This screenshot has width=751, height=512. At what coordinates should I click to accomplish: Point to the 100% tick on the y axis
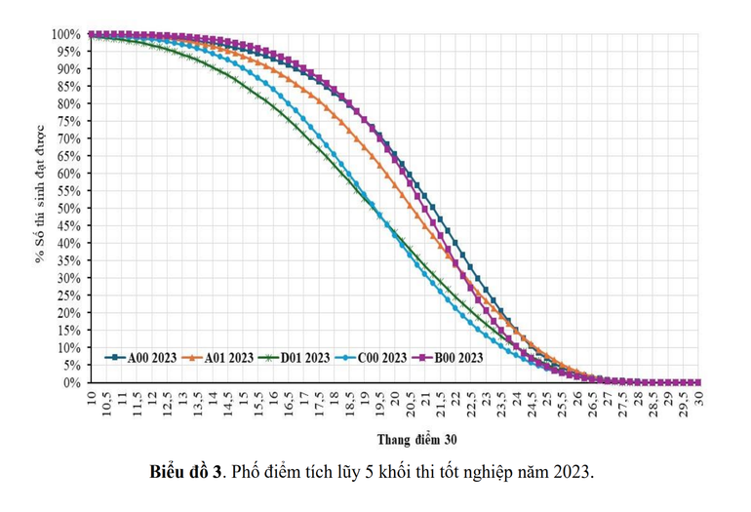pyautogui.click(x=67, y=34)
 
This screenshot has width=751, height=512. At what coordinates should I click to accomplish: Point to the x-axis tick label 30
pyautogui.click(x=699, y=396)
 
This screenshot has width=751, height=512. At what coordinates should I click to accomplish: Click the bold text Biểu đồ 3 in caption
pyautogui.click(x=186, y=472)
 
